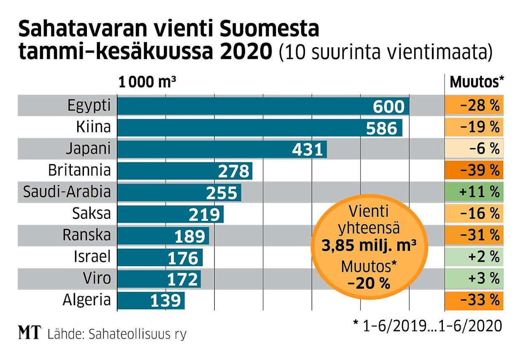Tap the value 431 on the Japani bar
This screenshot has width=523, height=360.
point(307,150)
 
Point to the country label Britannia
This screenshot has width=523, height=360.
point(79,170)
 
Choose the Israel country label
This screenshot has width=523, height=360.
point(92,257)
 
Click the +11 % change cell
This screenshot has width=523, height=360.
point(474,192)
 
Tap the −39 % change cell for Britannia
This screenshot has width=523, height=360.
point(474,170)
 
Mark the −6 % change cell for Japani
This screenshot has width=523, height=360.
point(474,149)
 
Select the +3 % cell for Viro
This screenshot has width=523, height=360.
point(474,279)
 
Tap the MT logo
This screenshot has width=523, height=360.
point(30,333)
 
